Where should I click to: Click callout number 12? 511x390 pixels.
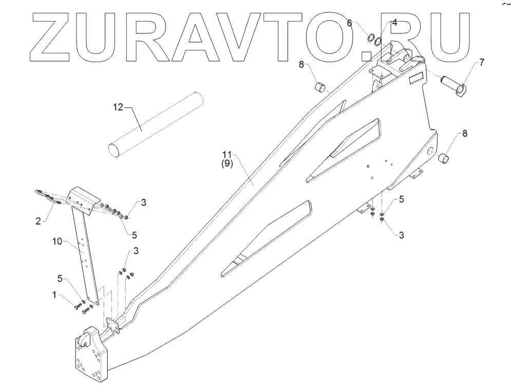(x=119, y=107)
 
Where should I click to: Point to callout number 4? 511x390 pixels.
(x=394, y=23)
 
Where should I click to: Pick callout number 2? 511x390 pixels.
(x=37, y=221)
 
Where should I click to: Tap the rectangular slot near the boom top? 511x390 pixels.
(x=415, y=79)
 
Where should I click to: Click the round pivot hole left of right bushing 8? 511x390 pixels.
(x=429, y=152)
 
